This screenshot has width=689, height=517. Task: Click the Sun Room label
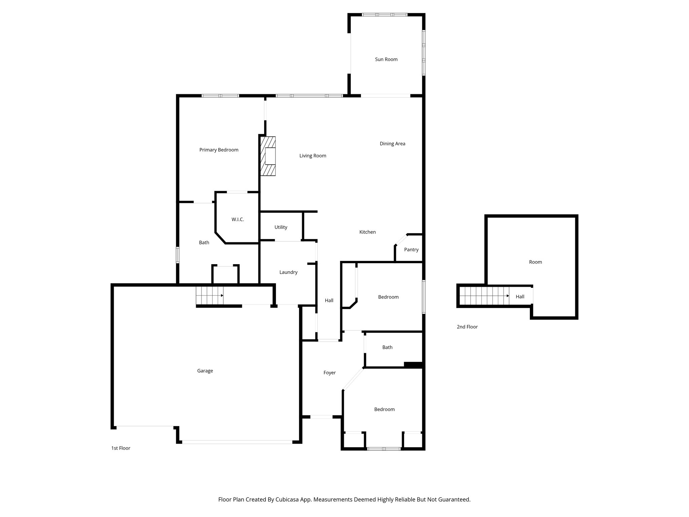pyautogui.click(x=386, y=59)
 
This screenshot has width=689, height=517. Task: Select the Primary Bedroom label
pyautogui.click(x=219, y=150)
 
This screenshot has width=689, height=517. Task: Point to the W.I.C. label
pyautogui.click(x=238, y=219)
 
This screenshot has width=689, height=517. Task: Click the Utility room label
pyautogui.click(x=281, y=227)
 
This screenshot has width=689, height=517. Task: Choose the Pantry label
pyautogui.click(x=411, y=249)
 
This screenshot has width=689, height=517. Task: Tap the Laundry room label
pyautogui.click(x=288, y=272)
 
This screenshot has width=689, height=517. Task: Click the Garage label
pyautogui.click(x=205, y=371)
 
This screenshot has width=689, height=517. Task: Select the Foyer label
pyautogui.click(x=329, y=373)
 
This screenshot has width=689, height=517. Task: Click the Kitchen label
pyautogui.click(x=367, y=232)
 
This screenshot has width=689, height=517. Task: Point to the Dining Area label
pyautogui.click(x=392, y=143)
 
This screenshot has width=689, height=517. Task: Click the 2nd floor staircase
pyautogui.click(x=484, y=296)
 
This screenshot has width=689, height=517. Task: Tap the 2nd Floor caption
pyautogui.click(x=467, y=326)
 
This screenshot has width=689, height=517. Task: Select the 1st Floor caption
pyautogui.click(x=120, y=448)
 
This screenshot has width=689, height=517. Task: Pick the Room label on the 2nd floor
pyautogui.click(x=535, y=262)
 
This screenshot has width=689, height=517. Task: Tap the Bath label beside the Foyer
pyautogui.click(x=387, y=347)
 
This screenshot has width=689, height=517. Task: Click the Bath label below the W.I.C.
pyautogui.click(x=204, y=242)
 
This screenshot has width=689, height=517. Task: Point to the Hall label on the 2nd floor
pyautogui.click(x=520, y=297)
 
